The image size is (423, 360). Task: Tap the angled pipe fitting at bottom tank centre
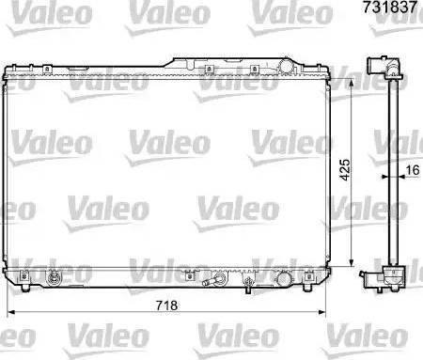coord(219,278)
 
